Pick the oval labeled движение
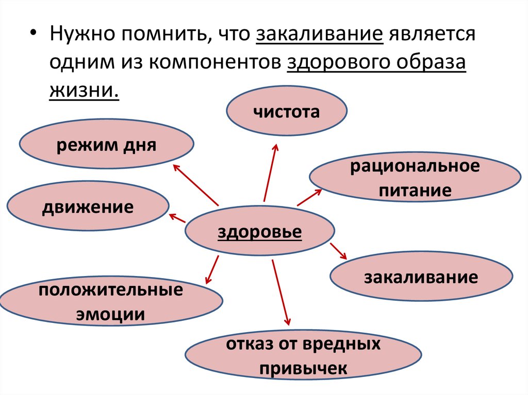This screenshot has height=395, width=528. (88, 208)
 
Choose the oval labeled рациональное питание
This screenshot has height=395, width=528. (415, 179)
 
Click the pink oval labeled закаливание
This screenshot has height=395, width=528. (421, 278)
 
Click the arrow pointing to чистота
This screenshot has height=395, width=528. (270, 173)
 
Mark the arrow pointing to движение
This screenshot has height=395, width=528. (178, 218)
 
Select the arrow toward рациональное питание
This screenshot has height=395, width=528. (309, 197)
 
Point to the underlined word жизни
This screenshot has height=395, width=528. (84, 91)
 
